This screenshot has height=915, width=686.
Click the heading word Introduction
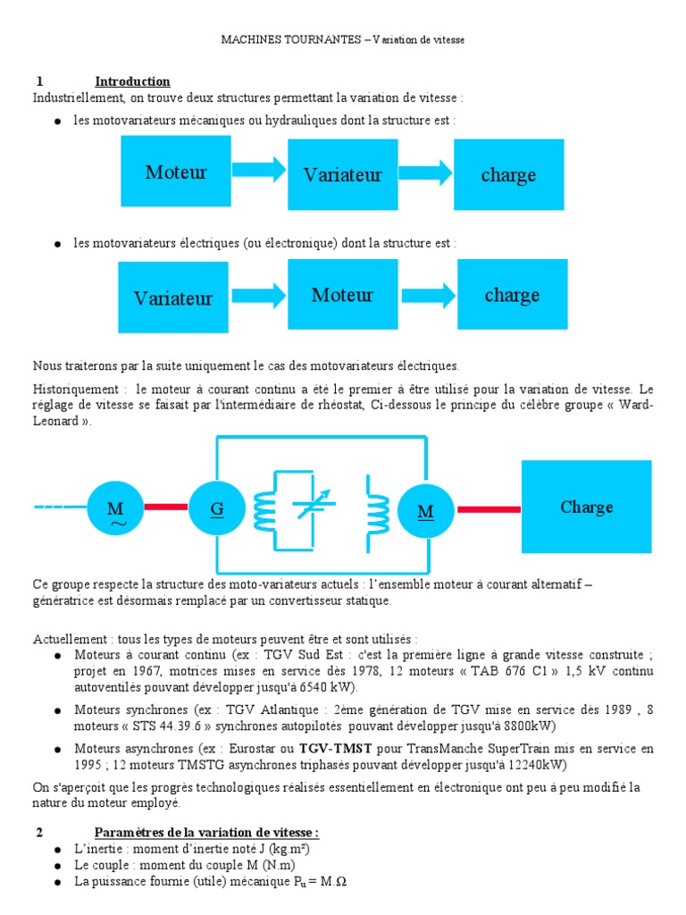[x=132, y=81]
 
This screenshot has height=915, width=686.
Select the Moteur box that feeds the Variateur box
[x=176, y=172]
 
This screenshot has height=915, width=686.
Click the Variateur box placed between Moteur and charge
[x=342, y=174]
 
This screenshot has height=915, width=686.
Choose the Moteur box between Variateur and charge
[x=342, y=294]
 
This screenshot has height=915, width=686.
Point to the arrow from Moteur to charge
[x=429, y=296]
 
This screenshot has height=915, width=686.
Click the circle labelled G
[x=216, y=508]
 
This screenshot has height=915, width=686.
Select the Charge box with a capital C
[x=586, y=507]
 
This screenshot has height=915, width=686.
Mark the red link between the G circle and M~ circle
[x=166, y=508]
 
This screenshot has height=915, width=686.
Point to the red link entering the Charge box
[x=489, y=508]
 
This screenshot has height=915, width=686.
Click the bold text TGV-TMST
[x=329, y=748]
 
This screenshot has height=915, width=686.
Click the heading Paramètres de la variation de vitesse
[x=206, y=832]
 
